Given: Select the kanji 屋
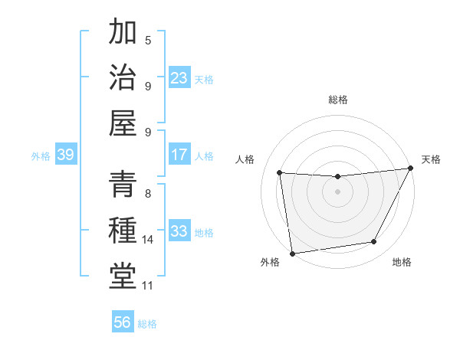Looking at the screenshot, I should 123,123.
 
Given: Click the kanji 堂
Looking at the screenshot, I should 123,276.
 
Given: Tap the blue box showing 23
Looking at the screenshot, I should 179,78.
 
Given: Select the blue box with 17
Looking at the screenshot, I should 179,155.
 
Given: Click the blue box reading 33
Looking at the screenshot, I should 179,231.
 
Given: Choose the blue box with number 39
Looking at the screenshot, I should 65,155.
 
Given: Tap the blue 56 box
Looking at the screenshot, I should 123,322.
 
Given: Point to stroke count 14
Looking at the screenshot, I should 148,240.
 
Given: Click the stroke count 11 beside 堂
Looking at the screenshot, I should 148,286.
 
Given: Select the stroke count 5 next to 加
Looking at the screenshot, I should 148,40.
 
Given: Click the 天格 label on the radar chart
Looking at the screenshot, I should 431,159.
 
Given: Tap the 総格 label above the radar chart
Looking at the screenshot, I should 338,100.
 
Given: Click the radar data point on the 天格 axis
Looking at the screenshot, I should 411,169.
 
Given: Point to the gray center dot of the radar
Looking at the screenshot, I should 337,192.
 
